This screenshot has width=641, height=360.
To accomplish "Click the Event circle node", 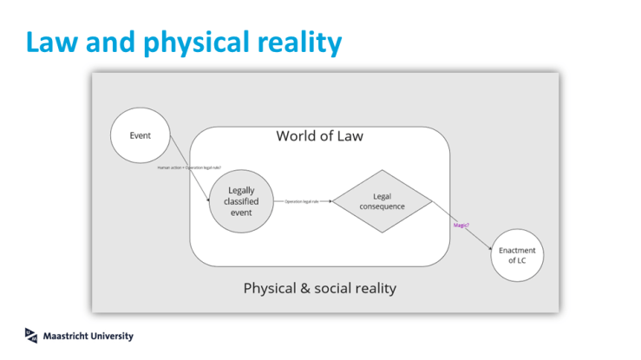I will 140,136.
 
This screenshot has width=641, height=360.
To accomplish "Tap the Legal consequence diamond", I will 382,201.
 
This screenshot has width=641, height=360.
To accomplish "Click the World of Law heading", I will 319,135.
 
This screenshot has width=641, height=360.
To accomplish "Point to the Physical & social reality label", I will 320,287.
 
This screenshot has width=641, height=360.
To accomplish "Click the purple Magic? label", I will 461,226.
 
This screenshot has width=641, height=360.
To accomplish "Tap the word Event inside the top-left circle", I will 140,136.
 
